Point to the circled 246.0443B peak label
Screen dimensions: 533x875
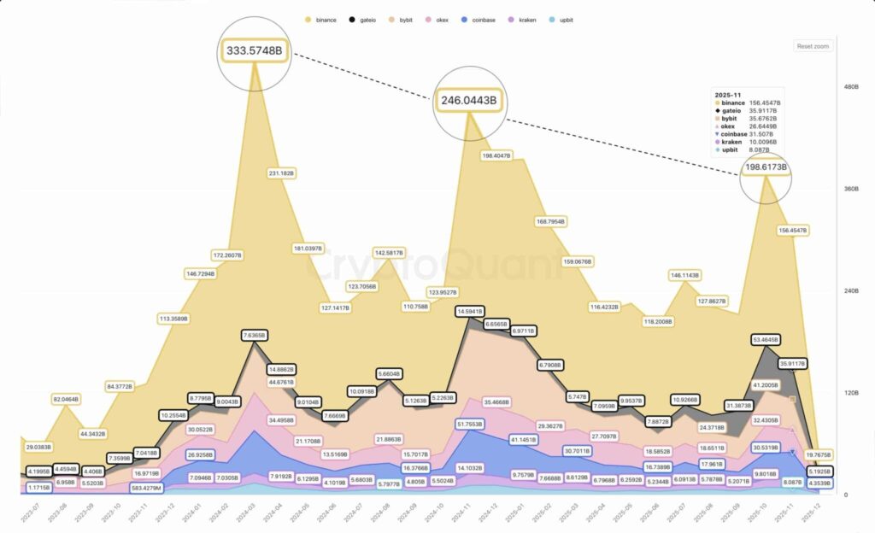coord(468,100)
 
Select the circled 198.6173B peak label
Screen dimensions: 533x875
coord(766,167)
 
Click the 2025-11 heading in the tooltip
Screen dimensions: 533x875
coord(729,94)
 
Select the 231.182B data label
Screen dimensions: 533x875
coord(281,173)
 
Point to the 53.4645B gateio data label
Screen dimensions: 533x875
coord(765,339)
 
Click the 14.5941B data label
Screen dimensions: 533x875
coord(470,312)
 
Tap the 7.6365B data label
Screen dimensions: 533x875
coord(255,336)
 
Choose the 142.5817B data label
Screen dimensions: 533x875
coord(389,253)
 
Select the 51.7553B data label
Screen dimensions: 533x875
coord(470,424)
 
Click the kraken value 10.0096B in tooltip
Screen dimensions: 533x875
coord(765,141)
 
